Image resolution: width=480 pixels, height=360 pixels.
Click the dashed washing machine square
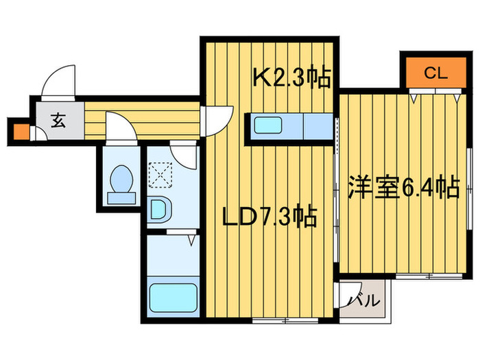pos(160,174)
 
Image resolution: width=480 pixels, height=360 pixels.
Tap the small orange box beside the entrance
pos(21,131)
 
